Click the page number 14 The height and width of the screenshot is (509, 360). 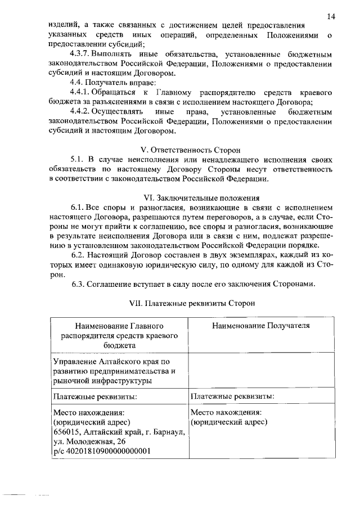[331, 17]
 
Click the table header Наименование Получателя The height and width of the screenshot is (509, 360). [260, 326]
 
